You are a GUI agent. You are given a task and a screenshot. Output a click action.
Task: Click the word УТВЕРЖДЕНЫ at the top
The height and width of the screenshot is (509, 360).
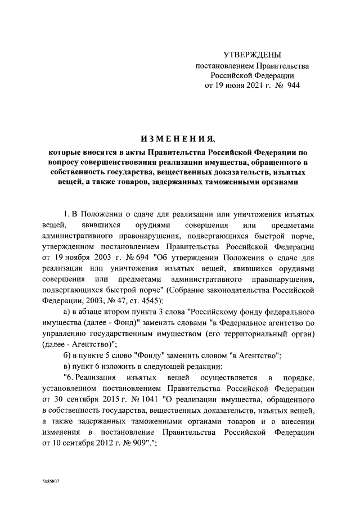pos(252,55)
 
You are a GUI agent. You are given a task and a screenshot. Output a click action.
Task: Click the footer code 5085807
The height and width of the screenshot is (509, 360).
pos(51,482)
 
